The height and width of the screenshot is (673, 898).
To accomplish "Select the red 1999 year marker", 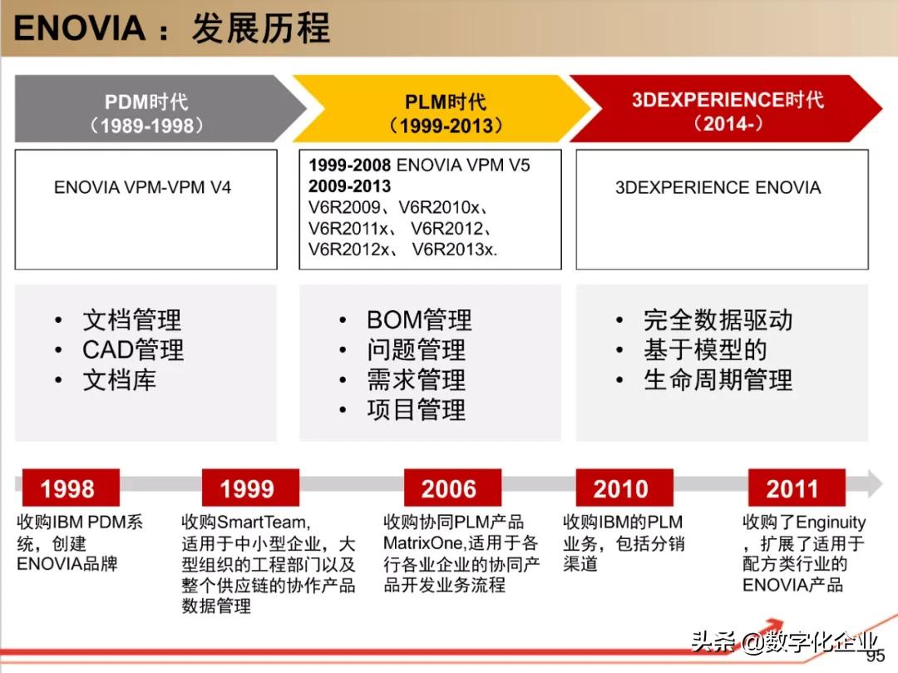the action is pyautogui.click(x=250, y=488).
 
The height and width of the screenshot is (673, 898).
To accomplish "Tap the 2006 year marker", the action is pyautogui.click(x=452, y=488).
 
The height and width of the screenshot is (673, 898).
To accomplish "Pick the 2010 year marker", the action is pyautogui.click(x=624, y=488).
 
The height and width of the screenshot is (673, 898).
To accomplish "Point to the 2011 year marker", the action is pyautogui.click(x=797, y=488).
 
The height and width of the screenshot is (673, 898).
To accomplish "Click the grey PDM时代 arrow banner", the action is pyautogui.click(x=155, y=108).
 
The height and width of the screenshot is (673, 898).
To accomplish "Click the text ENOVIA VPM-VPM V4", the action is pyautogui.click(x=143, y=187).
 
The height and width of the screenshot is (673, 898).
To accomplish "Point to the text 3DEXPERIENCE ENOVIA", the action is pyautogui.click(x=718, y=187).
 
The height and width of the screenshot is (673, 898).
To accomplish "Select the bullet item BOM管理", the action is pyautogui.click(x=419, y=319).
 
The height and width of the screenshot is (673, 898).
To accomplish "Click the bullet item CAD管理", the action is pyautogui.click(x=133, y=349).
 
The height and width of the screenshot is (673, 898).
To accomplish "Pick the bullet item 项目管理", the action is pyautogui.click(x=417, y=409).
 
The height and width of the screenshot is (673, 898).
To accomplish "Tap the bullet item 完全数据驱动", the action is pyautogui.click(x=718, y=319).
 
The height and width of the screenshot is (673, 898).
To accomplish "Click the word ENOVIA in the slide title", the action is pyautogui.click(x=79, y=28).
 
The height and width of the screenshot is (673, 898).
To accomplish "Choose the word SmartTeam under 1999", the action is pyautogui.click(x=261, y=522).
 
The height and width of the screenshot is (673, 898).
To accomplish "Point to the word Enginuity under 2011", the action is pyautogui.click(x=831, y=522).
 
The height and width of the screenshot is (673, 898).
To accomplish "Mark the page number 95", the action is pyautogui.click(x=876, y=656).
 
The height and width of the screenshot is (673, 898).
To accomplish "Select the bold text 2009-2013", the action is pyautogui.click(x=349, y=186).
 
